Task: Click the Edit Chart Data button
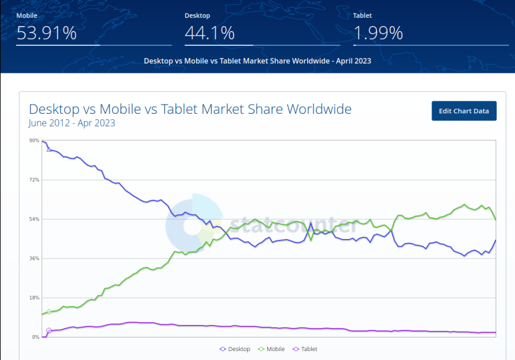pos(463,111)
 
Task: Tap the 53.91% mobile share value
pos(46,33)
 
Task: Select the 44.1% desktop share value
pos(210,33)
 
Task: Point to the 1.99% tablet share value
pos(378,33)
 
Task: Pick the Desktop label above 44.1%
pos(197,15)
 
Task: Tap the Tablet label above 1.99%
pos(362,15)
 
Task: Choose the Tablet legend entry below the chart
pos(305,349)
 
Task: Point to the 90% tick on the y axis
pos(33,141)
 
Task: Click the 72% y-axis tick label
pos(33,180)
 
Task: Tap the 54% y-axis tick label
pos(33,219)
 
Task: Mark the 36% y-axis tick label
pos(33,258)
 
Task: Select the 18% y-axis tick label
pos(33,298)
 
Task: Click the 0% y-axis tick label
pos(35,337)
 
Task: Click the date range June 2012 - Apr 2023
pos(72,123)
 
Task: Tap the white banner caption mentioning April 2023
pos(257,60)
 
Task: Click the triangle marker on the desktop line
pos(49,149)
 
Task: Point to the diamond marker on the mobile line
pos(49,312)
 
